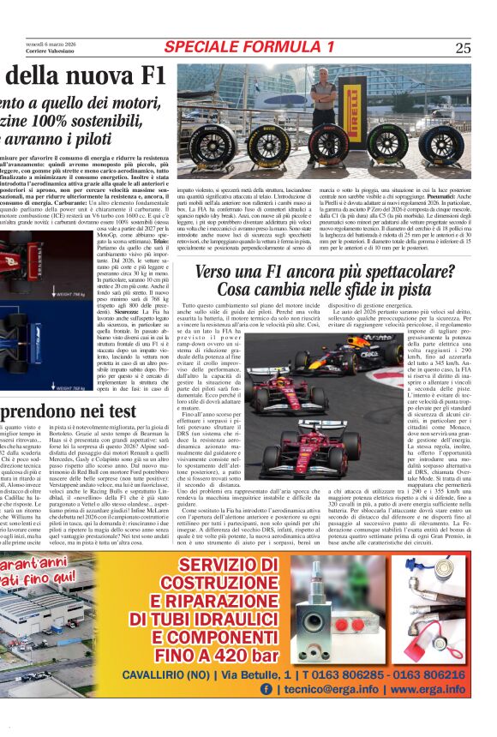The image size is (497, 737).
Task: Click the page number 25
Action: click(x=463, y=48)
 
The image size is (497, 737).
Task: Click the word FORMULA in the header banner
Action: click(x=275, y=46)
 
